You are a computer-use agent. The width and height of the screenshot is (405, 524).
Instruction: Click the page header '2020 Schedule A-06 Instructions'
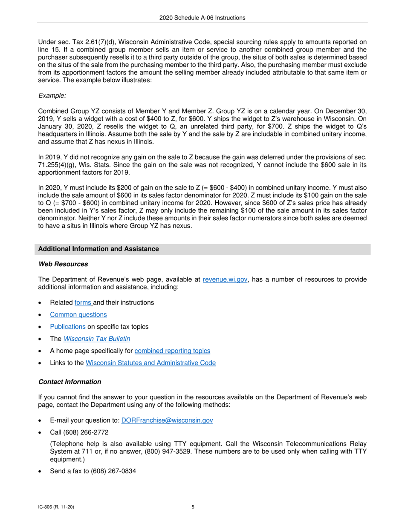pyautogui.click(x=202, y=17)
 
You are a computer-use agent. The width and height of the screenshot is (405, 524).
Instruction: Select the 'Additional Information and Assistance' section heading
pyautogui.click(x=98, y=249)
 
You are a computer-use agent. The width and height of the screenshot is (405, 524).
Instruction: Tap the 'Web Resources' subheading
pyautogui.click(x=63, y=264)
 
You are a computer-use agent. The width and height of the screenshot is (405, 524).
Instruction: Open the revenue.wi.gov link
pyautogui.click(x=226, y=280)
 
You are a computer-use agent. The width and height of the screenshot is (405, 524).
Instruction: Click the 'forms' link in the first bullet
pyautogui.click(x=83, y=302)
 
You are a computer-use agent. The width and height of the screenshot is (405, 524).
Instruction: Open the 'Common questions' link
pyautogui.click(x=78, y=315)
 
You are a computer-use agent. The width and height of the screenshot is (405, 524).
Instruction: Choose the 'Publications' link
pyautogui.click(x=68, y=327)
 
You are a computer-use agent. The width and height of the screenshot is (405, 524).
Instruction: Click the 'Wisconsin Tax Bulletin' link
pyautogui.click(x=96, y=339)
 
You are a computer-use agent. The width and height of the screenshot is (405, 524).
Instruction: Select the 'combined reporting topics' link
pyautogui.click(x=172, y=351)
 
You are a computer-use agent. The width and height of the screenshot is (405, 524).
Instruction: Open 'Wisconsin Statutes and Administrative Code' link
pyautogui.click(x=150, y=363)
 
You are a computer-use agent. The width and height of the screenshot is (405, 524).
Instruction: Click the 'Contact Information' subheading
pyautogui.click(x=70, y=382)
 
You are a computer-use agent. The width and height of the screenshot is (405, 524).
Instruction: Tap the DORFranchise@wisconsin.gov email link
pyautogui.click(x=167, y=420)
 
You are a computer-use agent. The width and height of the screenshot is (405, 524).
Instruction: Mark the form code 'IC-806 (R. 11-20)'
pyautogui.click(x=58, y=507)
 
